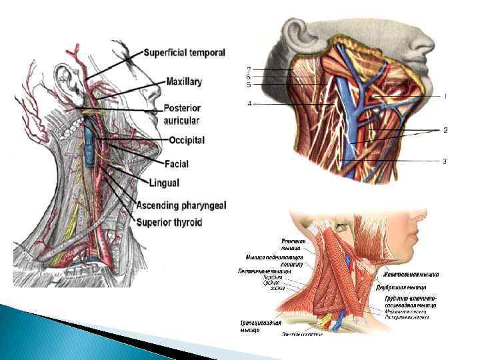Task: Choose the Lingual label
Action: click(165, 182)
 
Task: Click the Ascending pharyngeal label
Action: click(180, 204)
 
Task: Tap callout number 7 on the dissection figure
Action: click(249, 69)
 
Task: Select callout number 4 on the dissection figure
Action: click(249, 104)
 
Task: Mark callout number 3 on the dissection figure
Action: click(444, 161)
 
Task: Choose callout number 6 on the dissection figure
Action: click(249, 77)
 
